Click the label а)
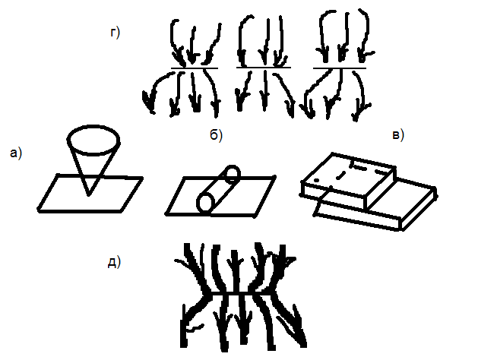15,154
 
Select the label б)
215,136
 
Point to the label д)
113,263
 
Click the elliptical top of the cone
93,138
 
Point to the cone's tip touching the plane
90,194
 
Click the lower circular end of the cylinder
204,203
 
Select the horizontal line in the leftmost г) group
194,68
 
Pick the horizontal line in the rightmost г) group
340,68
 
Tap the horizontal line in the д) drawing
240,294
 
